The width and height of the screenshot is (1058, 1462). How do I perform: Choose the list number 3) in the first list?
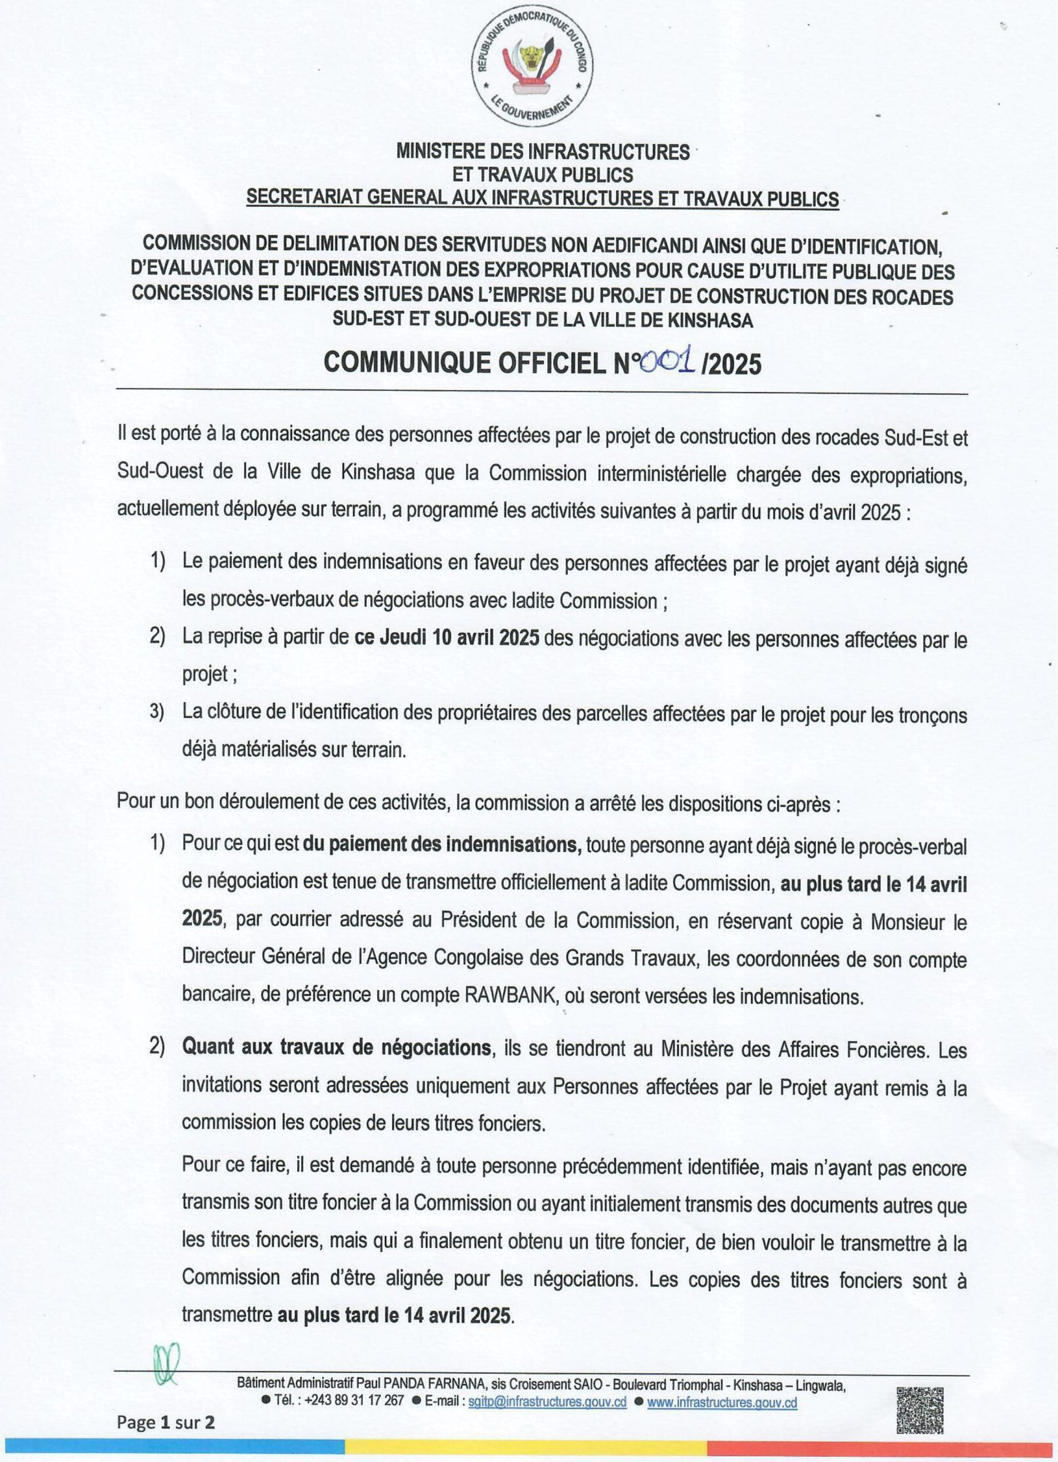[x=158, y=714]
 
